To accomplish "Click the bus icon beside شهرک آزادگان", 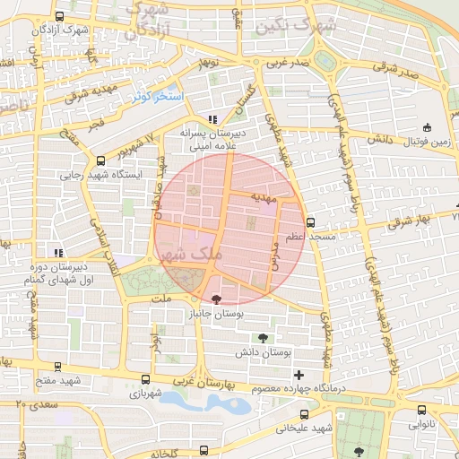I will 60,16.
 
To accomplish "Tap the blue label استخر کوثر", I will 157,95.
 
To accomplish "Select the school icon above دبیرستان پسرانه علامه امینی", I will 212,119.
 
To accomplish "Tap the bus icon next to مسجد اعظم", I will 310,222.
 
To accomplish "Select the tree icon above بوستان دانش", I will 262,338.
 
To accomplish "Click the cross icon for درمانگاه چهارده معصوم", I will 299,375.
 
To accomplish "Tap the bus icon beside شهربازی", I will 146,380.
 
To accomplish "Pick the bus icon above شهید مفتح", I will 59,367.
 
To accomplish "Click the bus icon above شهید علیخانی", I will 304,414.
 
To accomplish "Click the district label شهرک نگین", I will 296,27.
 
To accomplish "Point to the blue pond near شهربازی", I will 206,401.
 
